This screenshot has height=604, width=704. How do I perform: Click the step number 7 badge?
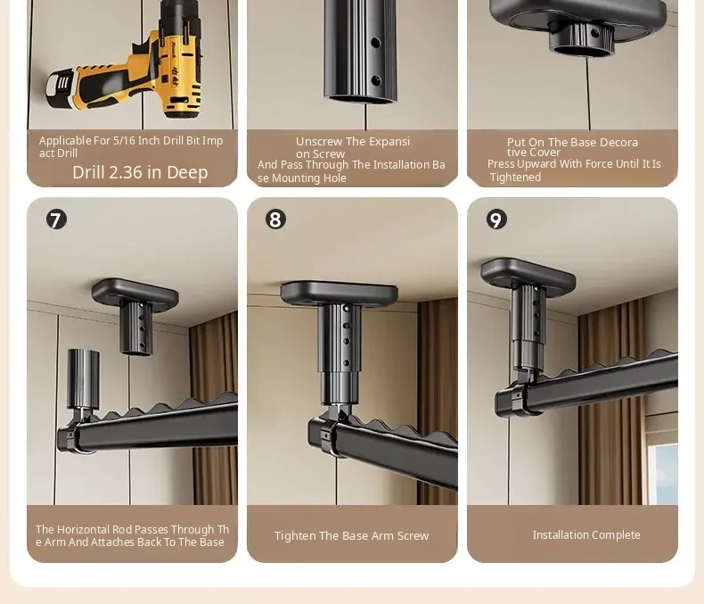pos(56,219)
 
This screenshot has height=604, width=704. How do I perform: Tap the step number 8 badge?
pos(275,219)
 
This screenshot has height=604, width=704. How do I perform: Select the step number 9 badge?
pos(496,219)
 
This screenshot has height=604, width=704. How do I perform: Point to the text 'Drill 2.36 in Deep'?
pos(140,172)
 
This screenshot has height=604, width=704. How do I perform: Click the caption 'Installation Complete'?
pos(586,534)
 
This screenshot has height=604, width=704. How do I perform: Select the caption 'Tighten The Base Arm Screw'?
pos(351,535)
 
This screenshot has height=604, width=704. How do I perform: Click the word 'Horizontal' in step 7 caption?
pos(84,529)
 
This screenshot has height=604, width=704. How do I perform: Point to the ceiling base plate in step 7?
pos(135,292)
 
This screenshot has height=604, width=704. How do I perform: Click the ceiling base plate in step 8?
pos(339,294)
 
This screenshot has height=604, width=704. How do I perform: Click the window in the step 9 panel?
pos(663,472)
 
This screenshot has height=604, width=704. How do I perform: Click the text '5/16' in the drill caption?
pos(123,141)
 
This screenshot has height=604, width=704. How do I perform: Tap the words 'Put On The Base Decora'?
pos(572,143)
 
